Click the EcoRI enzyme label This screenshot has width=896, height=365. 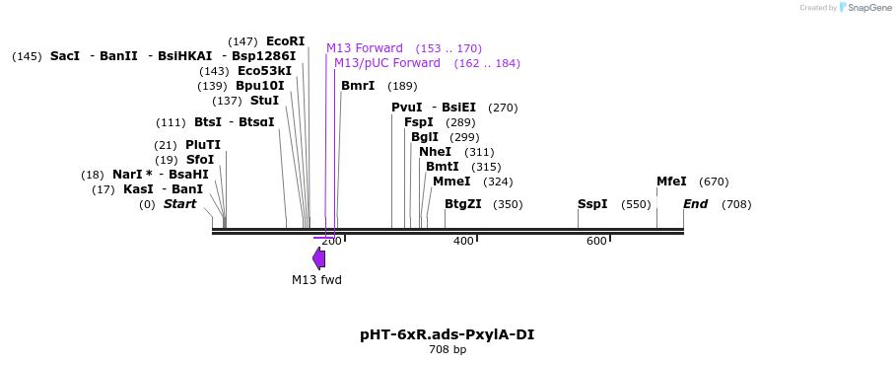coord(285,41)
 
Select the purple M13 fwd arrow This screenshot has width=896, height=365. coord(318,258)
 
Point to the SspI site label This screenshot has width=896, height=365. coord(592,204)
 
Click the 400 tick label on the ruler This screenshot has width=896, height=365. coord(463,242)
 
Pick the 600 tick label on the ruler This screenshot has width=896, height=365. coord(596,242)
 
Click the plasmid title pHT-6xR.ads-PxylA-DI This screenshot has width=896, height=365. coord(448,334)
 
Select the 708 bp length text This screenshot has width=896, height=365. coord(448,349)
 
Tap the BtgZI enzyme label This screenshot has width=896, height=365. coord(463,204)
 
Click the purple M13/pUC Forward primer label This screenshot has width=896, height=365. coord(387,63)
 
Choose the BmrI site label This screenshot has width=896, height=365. coord(358,86)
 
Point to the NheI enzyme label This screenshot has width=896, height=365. coord(436,152)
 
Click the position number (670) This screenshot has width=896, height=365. coord(714,182)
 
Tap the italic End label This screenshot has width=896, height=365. coord(696,204)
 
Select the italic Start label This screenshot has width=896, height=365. coord(180,204)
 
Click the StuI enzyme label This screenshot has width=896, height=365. coord(264,102)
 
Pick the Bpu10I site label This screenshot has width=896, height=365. coord(260,87)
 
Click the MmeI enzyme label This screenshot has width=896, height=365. coord(452,182)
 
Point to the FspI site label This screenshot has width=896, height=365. coord(419,122)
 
